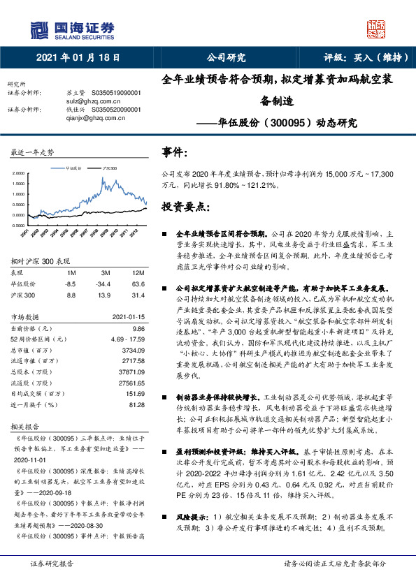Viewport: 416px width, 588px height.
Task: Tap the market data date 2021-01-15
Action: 128,316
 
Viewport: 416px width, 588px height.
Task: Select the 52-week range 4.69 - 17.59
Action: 127,338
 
